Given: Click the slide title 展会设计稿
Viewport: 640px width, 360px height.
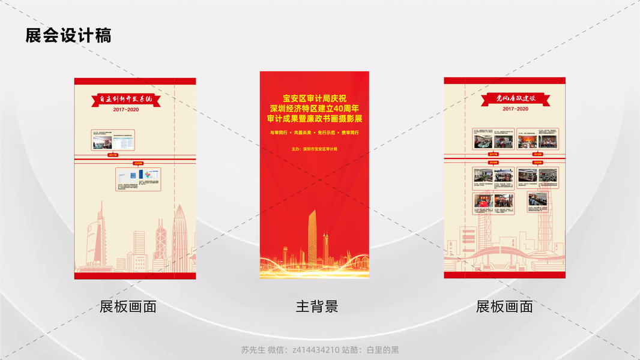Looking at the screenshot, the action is click(68, 35).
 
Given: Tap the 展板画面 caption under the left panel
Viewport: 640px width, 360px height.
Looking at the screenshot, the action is click(128, 307).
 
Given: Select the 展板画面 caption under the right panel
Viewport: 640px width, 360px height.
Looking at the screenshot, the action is click(504, 307).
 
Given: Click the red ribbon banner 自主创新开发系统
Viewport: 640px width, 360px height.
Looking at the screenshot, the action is click(125, 99).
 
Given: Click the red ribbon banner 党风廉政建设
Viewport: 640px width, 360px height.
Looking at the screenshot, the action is click(515, 98).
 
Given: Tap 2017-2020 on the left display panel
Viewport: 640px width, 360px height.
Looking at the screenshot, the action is click(125, 110).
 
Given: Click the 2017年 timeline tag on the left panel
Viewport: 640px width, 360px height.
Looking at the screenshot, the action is click(113, 155).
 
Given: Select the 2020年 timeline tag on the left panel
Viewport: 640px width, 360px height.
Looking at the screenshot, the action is click(138, 163).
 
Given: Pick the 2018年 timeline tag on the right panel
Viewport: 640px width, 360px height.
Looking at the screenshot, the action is click(537, 154).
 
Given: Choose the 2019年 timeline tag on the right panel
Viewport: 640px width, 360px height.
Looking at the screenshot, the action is click(493, 162).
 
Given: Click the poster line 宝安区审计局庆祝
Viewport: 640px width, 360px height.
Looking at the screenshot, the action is click(315, 98).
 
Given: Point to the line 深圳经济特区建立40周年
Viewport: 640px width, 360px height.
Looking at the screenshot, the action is click(315, 109).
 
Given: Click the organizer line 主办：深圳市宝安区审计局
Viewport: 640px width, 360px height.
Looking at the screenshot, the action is click(315, 149).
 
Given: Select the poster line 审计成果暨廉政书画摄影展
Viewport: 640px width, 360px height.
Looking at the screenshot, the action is click(315, 119).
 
